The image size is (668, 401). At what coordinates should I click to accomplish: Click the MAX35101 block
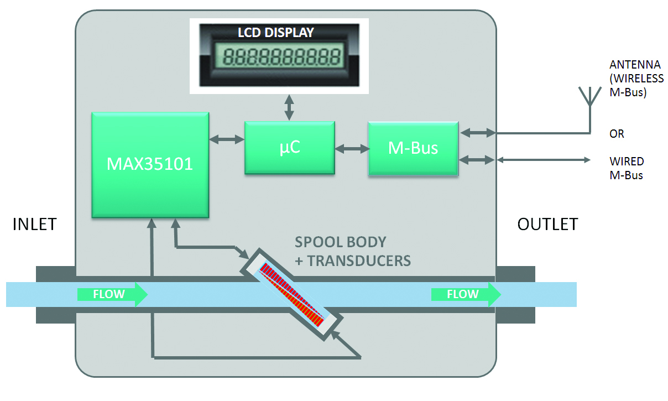(x=150, y=164)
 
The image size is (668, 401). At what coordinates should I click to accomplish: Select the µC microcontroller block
(x=289, y=148)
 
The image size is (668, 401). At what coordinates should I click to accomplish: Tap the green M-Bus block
(x=413, y=148)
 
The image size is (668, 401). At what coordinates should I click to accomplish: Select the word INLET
(x=34, y=224)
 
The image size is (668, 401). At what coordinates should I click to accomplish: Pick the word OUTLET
(x=547, y=224)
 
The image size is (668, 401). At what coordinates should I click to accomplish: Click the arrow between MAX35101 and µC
(x=227, y=140)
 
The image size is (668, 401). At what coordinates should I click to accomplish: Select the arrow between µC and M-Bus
(x=352, y=148)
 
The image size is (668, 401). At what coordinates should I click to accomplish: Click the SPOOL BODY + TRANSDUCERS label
(x=353, y=251)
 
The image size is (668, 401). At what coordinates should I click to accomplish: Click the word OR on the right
(x=617, y=134)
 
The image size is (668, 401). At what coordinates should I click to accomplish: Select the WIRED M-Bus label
(x=627, y=169)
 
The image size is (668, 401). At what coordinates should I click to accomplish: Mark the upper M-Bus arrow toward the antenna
(x=477, y=133)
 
